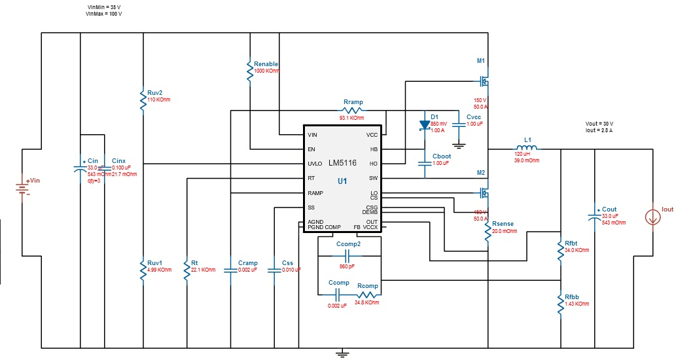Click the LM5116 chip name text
point(342,163)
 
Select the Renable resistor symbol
point(249,71)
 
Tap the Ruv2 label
point(155,92)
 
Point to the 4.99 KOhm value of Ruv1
point(160,270)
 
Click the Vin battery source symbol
point(24,189)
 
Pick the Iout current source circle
point(652,217)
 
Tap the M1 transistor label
point(481,61)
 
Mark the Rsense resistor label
point(503,224)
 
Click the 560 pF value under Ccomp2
point(347,266)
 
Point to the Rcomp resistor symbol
point(367,295)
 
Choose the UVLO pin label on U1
point(315,164)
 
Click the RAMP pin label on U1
point(315,193)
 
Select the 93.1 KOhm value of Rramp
point(352,118)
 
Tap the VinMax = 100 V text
point(105,13)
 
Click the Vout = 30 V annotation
point(599,124)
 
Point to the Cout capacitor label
point(609,209)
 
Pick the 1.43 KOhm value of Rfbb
point(577,304)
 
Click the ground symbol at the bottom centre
point(341,354)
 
